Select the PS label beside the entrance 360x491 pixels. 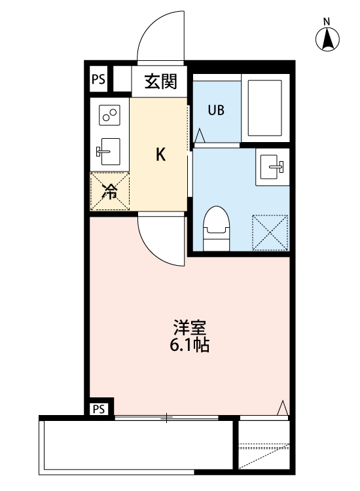(98, 80)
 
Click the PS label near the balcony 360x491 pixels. (98, 409)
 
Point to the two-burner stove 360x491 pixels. (109, 116)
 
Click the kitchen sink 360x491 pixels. (109, 152)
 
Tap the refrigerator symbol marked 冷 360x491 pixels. (110, 191)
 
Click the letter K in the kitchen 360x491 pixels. (160, 155)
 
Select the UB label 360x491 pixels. (216, 110)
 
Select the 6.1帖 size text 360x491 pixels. (189, 346)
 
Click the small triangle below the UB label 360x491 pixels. (200, 136)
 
